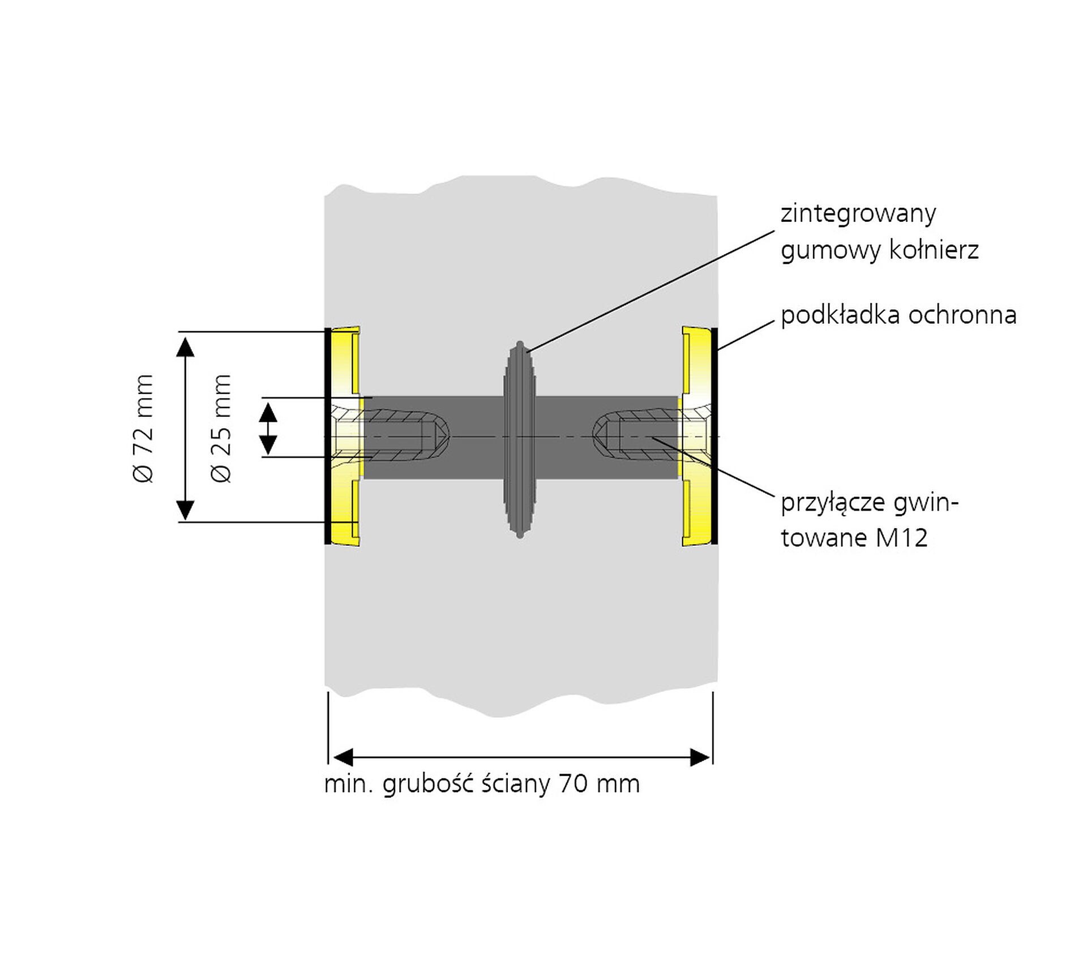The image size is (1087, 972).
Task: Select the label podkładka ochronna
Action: pos(898,315)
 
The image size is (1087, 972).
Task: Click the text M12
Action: pos(901,537)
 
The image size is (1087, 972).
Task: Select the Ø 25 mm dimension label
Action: pos(221,428)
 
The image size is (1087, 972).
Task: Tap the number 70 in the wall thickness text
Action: pos(573,784)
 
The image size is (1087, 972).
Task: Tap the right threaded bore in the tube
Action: pos(634,436)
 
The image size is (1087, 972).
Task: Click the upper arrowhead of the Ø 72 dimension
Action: pos(185,346)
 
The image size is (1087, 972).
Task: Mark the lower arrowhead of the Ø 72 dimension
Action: pos(185,509)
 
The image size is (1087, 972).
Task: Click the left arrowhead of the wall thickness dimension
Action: pos(344,757)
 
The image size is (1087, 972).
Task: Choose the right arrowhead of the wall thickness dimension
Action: pos(700,757)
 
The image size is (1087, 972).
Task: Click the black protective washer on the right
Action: pos(714,436)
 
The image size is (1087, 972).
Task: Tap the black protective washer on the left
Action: pos(327,436)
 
